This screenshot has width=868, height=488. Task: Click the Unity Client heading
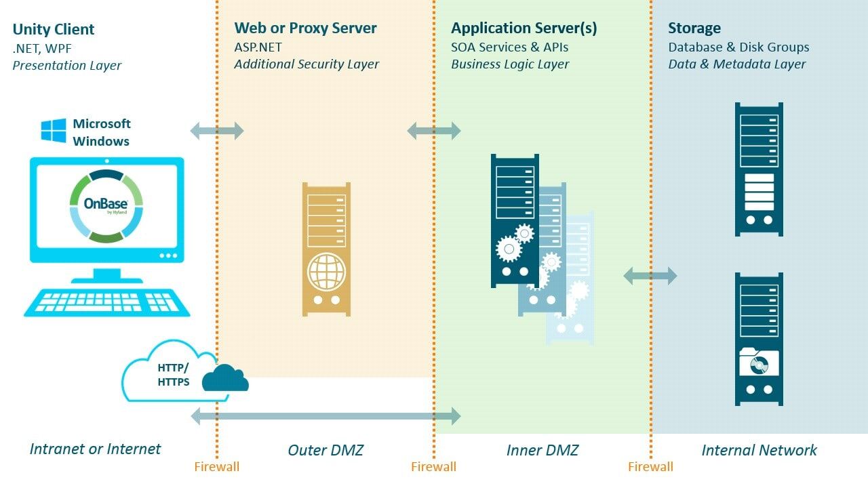click(x=54, y=29)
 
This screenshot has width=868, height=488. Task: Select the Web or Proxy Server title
click(x=305, y=28)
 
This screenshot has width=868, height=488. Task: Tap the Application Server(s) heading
click(x=524, y=28)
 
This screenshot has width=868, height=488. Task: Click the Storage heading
click(x=694, y=28)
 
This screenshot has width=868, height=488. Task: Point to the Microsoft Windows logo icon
click(x=54, y=131)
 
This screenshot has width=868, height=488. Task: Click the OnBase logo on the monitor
click(x=106, y=206)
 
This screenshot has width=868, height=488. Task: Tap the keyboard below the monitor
click(x=107, y=302)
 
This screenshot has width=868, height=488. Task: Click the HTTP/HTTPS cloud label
click(x=173, y=375)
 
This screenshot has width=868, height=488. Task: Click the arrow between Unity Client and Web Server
click(x=216, y=130)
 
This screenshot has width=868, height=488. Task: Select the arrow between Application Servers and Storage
click(x=650, y=275)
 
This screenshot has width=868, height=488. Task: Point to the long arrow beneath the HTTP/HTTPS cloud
click(x=325, y=416)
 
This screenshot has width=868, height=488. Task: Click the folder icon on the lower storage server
click(x=759, y=363)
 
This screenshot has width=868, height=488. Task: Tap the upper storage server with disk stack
click(x=759, y=169)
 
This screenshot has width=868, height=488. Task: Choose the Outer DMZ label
click(x=325, y=450)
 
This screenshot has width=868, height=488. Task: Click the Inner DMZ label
click(x=542, y=450)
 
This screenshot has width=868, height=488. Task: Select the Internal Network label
click(x=759, y=450)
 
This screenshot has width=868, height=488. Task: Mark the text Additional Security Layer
click(x=307, y=64)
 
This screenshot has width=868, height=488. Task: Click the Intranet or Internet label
click(x=95, y=449)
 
